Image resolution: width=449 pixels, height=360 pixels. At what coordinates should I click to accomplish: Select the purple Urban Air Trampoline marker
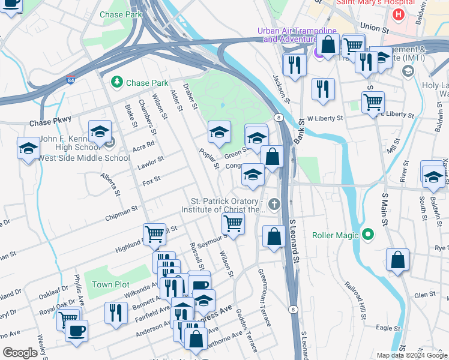319,53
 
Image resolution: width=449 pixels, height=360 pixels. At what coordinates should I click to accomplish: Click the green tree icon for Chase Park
115,82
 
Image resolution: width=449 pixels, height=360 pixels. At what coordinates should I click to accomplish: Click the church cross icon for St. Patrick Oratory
275,205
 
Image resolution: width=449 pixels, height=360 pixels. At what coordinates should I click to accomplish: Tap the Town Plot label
110,284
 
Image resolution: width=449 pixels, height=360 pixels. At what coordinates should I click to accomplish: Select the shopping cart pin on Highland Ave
154,234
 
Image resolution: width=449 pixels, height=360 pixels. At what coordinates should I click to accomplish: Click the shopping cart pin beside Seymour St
232,224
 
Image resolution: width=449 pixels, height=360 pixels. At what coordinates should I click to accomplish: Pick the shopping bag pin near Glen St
397,260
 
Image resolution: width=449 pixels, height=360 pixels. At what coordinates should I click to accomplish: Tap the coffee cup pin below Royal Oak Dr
76,331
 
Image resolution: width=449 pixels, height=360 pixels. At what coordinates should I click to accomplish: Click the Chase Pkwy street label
50,122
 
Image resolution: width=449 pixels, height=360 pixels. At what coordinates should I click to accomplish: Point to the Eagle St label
389,328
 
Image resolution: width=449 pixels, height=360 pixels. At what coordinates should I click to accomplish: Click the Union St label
375,28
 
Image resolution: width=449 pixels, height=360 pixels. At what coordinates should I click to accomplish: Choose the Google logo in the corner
20,353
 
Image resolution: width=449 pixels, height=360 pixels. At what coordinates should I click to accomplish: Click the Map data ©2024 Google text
412,355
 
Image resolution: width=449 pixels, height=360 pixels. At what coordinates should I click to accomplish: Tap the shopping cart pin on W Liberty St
373,103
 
